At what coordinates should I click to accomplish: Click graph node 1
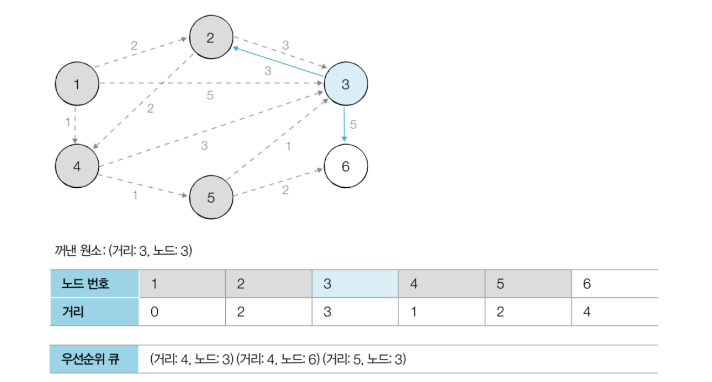77,84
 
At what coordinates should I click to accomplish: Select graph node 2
211,38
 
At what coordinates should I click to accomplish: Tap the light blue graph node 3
346,84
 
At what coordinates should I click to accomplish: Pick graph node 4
77,166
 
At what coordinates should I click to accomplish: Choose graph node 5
211,197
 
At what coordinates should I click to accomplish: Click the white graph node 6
346,166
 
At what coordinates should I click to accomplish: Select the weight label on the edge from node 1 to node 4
68,122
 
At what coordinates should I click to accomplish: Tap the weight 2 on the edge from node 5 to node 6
285,189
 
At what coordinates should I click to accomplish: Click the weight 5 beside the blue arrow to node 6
353,125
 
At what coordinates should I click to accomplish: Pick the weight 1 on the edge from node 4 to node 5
135,195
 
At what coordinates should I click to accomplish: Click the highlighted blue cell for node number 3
355,283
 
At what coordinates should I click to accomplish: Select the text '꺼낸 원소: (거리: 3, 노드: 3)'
123,250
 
